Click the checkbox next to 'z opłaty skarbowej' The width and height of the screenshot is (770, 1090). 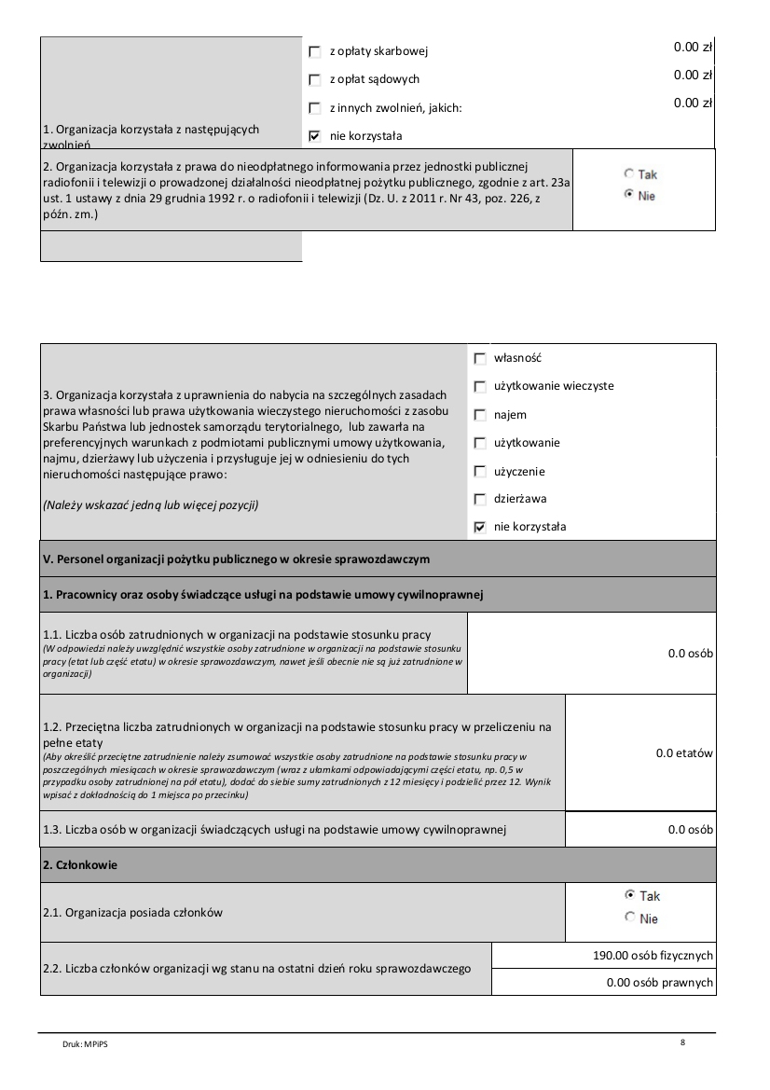click(x=314, y=51)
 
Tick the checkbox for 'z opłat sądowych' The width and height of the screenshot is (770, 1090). click(x=314, y=79)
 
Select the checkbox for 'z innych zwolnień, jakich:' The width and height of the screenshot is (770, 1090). click(x=314, y=108)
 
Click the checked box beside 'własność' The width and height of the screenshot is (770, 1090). click(x=480, y=358)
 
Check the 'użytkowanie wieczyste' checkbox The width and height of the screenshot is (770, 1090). click(x=480, y=386)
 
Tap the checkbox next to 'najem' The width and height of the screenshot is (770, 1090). click(x=480, y=414)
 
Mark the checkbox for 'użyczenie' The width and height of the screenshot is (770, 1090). click(x=480, y=471)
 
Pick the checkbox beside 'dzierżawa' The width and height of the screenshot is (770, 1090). click(x=480, y=499)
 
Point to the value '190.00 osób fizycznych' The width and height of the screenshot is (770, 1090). click(x=653, y=956)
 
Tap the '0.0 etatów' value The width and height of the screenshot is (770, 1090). click(x=684, y=752)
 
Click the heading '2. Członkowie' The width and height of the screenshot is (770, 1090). click(x=80, y=864)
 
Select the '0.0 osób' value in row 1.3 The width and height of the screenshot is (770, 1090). click(x=690, y=829)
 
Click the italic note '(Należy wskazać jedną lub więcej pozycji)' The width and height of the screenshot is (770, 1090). click(x=150, y=505)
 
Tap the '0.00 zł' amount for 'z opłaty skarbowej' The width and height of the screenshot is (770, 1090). click(x=693, y=47)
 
